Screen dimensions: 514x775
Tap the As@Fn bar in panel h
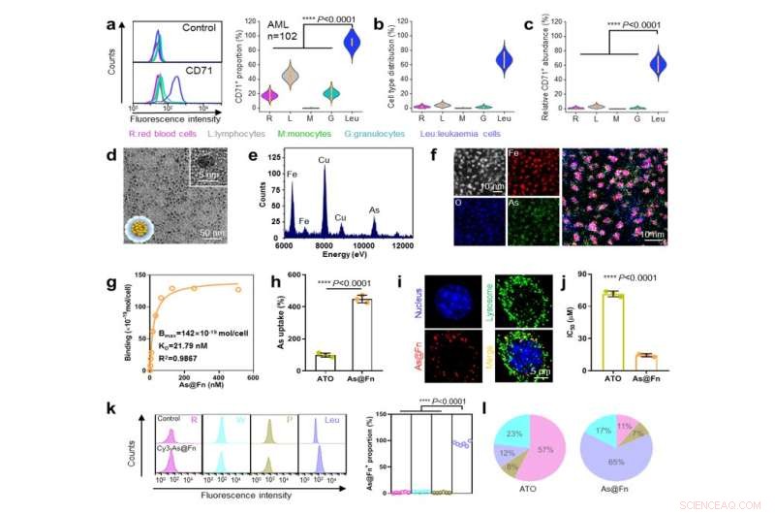[x=362, y=334]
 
